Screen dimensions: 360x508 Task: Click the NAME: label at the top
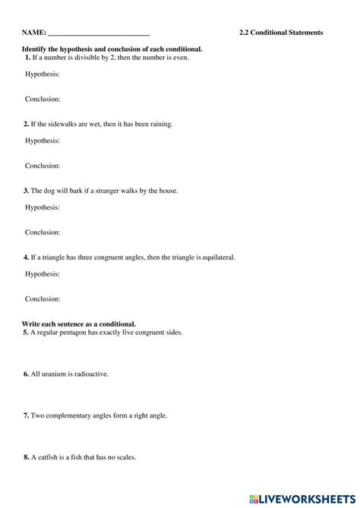click(x=33, y=33)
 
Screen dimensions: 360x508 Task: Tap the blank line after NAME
click(x=99, y=34)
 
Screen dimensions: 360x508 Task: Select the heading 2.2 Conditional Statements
click(x=281, y=33)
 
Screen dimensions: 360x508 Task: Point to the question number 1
click(x=27, y=58)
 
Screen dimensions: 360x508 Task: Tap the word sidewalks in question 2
click(x=72, y=124)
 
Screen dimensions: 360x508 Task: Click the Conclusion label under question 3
click(x=43, y=232)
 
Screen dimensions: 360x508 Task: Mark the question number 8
click(x=27, y=458)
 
